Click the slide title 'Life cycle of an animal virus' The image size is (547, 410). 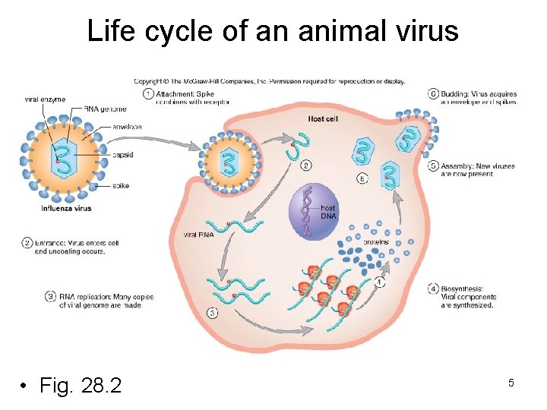[x=273, y=31]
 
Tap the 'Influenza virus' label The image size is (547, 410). [x=66, y=208]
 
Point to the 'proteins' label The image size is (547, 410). [x=376, y=242]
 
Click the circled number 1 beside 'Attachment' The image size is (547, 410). [x=147, y=94]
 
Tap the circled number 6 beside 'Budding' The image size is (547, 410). [x=433, y=94]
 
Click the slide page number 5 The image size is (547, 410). [x=511, y=383]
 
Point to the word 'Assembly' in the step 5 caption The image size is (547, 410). [x=460, y=166]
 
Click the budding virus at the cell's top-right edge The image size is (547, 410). [x=414, y=135]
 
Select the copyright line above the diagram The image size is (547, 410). [x=270, y=81]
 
